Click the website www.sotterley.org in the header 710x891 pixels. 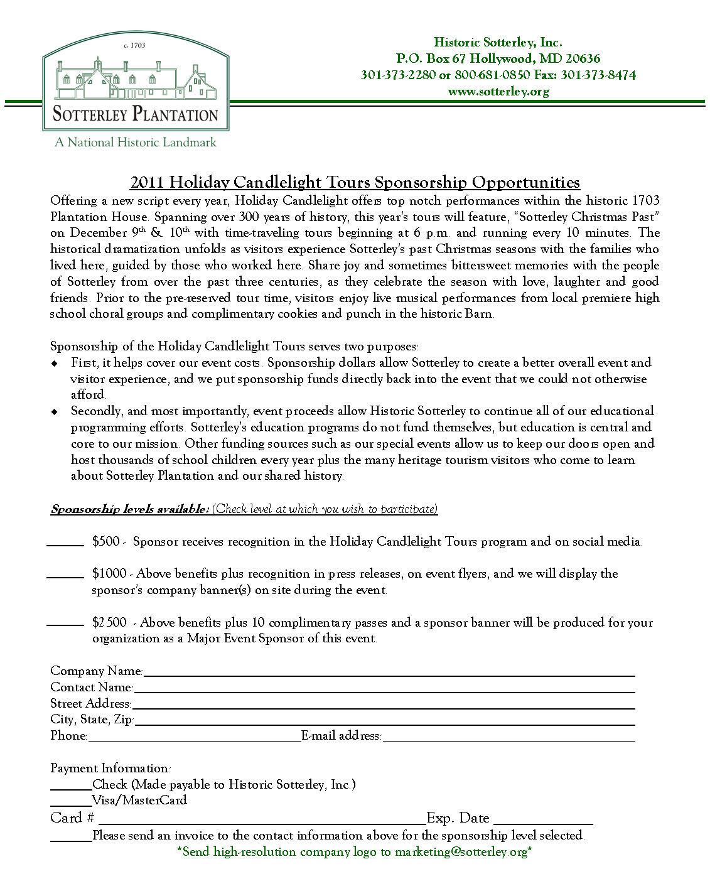coord(498,92)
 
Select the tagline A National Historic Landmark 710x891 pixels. coord(135,143)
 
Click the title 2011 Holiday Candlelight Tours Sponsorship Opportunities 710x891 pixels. coord(355,183)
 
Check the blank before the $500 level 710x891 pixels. coord(65,544)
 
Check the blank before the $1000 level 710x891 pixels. coord(65,575)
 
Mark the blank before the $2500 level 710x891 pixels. coord(65,624)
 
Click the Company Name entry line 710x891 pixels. coord(389,674)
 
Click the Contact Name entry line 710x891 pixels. coord(384,690)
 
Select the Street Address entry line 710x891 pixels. coord(383,706)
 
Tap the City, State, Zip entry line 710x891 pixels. coord(385,723)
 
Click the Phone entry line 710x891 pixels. coord(194,739)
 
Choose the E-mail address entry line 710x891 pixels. coord(508,739)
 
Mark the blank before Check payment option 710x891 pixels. coord(71,787)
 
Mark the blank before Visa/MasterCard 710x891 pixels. coord(71,804)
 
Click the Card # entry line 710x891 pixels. coord(262,821)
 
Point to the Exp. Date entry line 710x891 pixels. coord(544,821)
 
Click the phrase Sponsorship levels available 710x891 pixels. coord(130,509)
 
